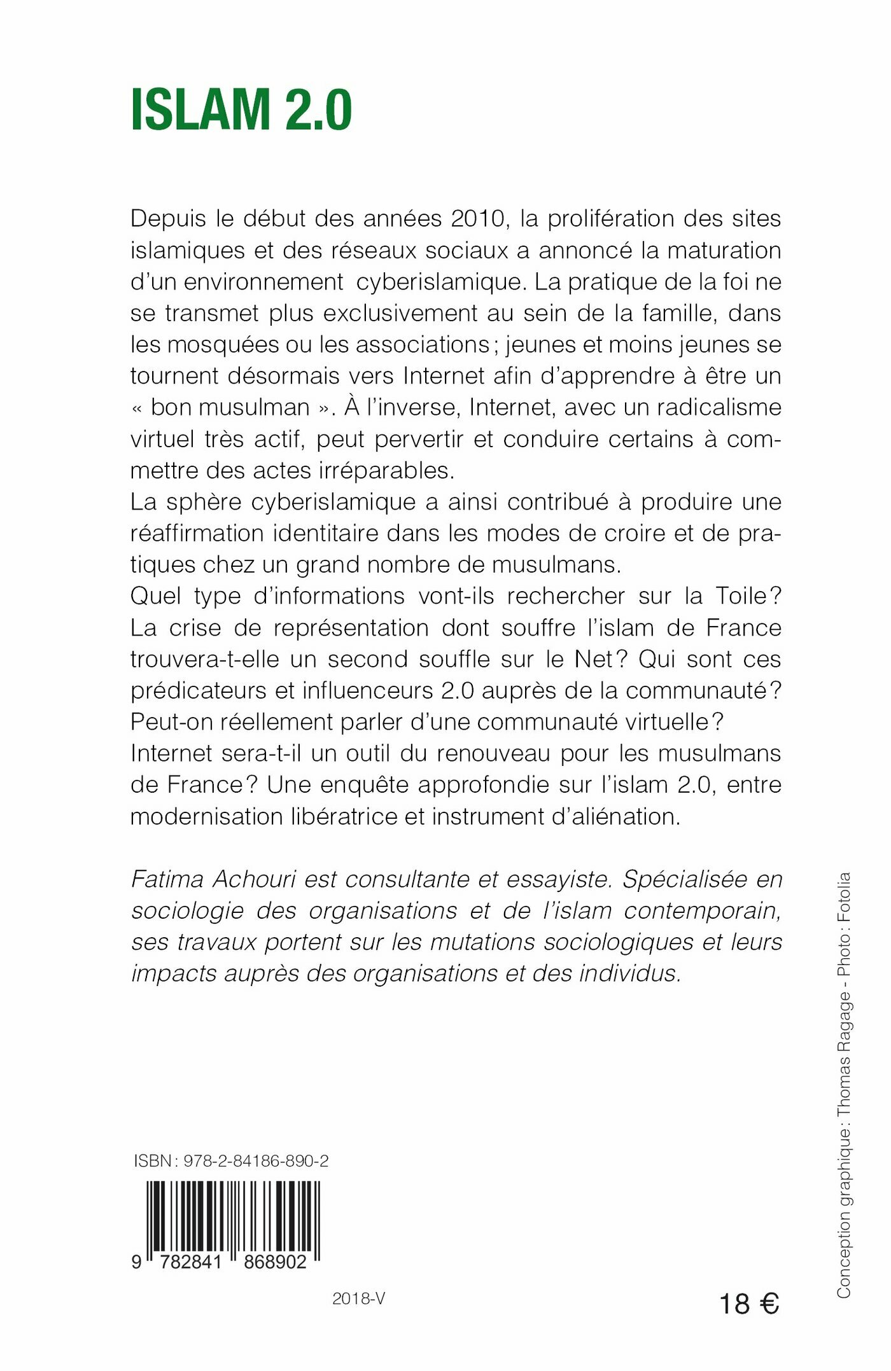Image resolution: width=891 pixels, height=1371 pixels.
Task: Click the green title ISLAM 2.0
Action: [241, 110]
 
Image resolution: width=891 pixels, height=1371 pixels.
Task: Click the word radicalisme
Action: [719, 407]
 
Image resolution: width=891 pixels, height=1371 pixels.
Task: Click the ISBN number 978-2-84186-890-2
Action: [256, 1161]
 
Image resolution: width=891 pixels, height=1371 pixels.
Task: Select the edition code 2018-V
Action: [358, 1299]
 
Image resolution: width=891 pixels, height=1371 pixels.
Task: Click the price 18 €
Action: [748, 1304]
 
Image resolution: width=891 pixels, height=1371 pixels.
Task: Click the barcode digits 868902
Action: [275, 1262]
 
